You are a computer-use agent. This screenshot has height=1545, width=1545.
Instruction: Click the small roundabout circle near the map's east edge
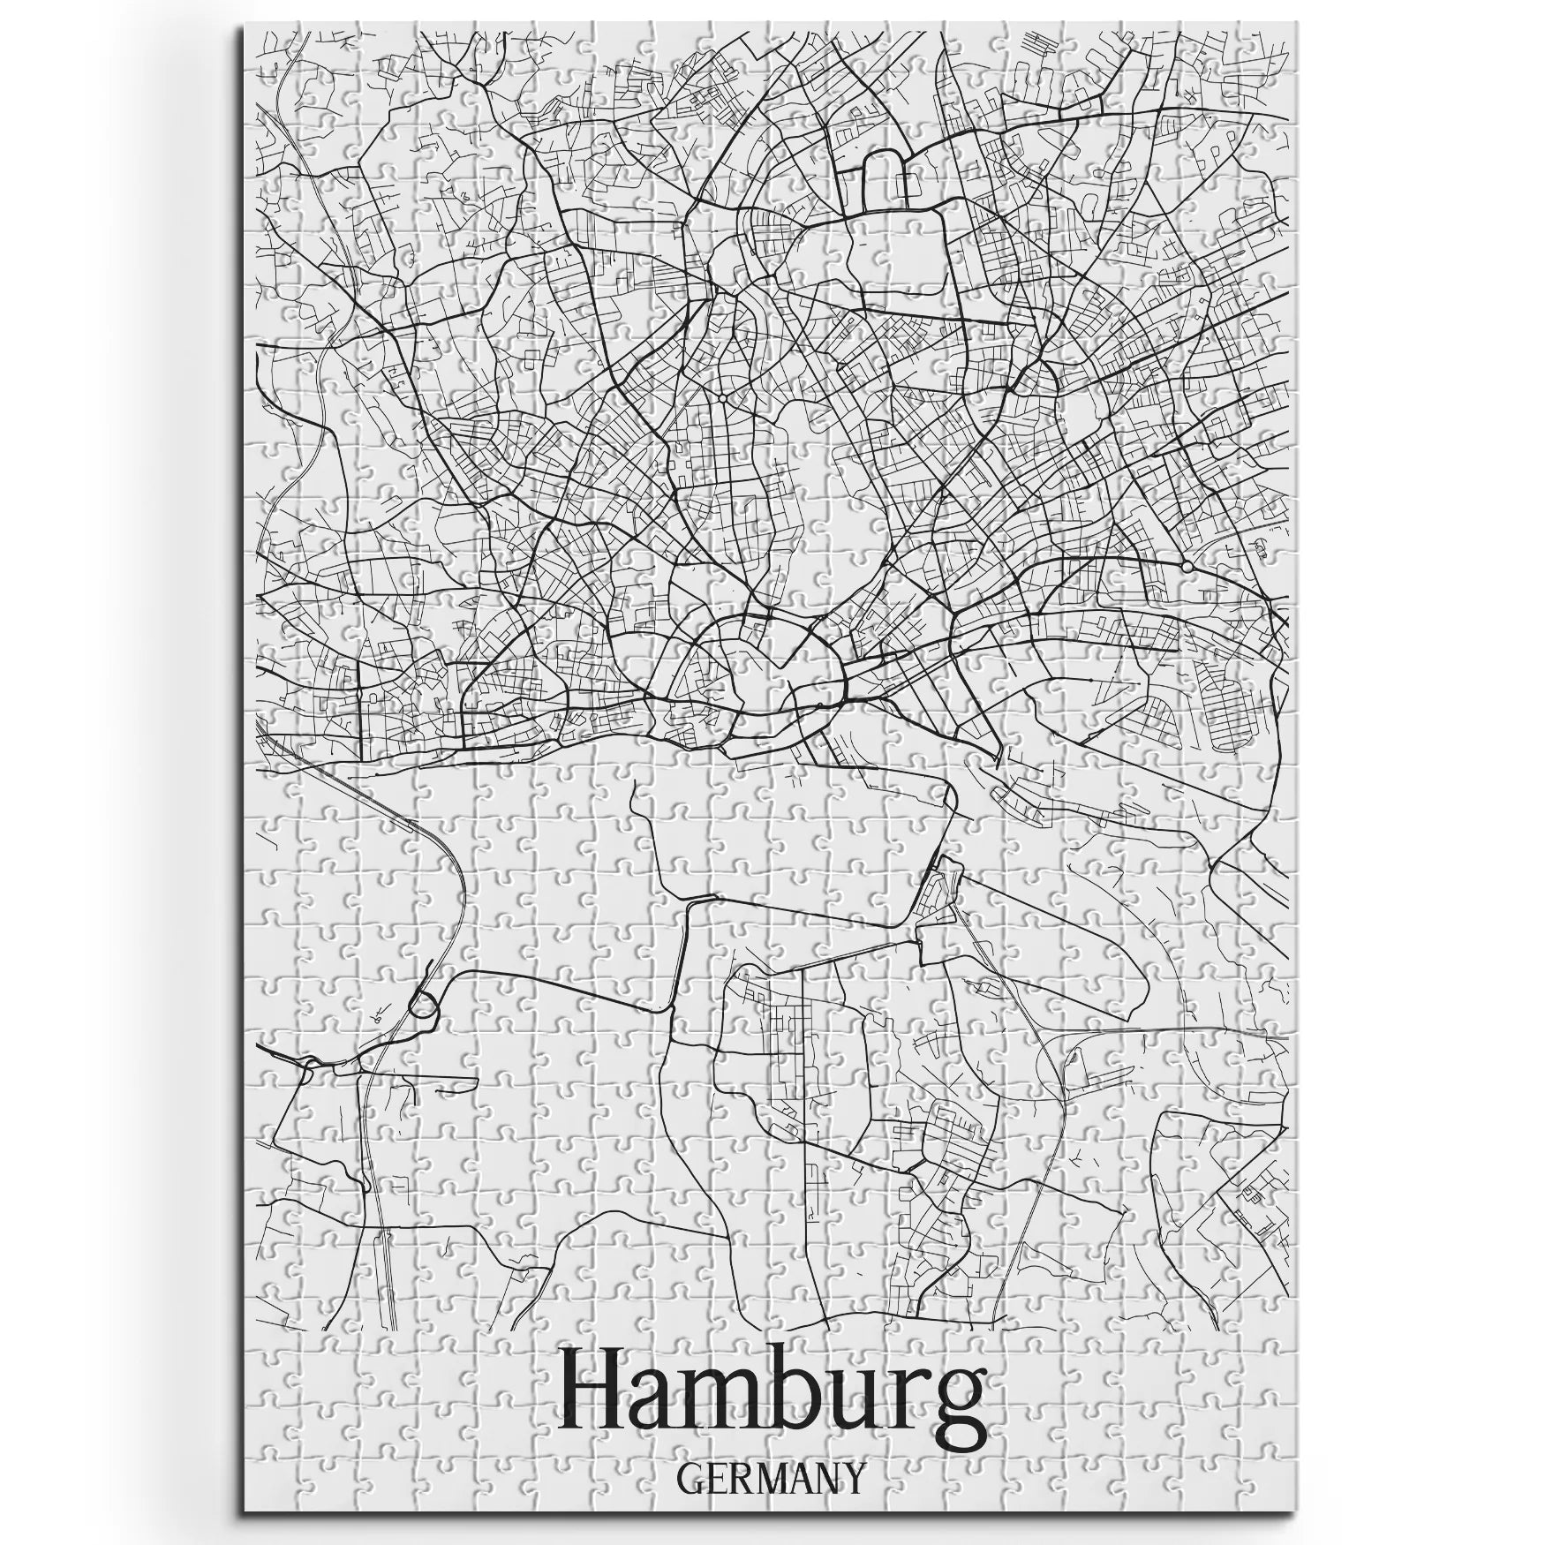click(x=1187, y=566)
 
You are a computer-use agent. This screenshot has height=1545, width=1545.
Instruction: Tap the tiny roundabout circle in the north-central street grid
click(x=722, y=400)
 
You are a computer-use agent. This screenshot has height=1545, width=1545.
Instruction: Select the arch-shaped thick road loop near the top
click(x=887, y=168)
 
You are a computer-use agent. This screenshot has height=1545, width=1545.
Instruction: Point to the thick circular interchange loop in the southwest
click(x=425, y=1005)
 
